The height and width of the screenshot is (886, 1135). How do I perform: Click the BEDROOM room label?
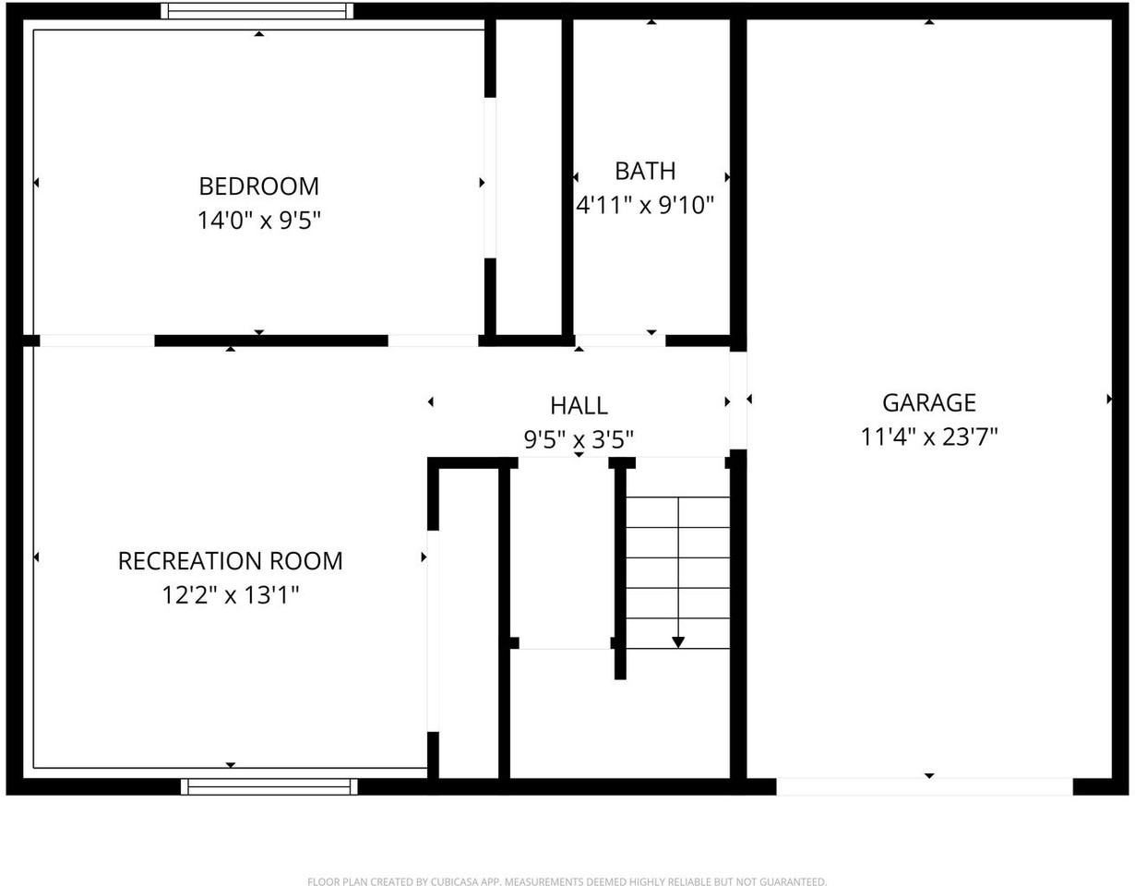[258, 186]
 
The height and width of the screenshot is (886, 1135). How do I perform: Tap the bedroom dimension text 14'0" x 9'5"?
[258, 221]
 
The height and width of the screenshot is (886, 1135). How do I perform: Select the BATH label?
[645, 172]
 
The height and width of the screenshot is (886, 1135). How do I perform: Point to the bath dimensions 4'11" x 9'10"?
[644, 205]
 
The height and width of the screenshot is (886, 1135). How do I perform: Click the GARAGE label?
[928, 402]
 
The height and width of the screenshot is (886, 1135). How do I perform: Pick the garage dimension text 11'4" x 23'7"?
[928, 437]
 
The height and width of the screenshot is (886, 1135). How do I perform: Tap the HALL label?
[579, 406]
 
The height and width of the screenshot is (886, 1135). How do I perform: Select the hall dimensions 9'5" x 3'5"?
[579, 440]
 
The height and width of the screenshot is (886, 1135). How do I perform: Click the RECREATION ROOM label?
[231, 561]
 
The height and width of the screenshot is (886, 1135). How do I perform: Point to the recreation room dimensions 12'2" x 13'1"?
[231, 595]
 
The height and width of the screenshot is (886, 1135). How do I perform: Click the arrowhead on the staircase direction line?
[678, 642]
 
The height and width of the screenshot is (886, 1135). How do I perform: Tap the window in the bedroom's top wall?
[257, 11]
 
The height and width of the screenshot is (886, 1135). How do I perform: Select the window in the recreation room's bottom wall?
[269, 786]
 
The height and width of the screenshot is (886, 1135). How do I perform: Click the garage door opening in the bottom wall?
[925, 786]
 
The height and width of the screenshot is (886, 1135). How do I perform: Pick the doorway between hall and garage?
[738, 401]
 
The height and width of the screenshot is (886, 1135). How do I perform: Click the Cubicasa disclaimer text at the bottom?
[567, 881]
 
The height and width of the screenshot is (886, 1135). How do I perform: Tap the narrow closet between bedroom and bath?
[529, 177]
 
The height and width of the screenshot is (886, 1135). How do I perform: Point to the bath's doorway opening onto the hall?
[620, 341]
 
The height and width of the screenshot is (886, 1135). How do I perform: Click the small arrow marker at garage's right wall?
[1109, 399]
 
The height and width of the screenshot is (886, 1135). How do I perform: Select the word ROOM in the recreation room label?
[307, 561]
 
